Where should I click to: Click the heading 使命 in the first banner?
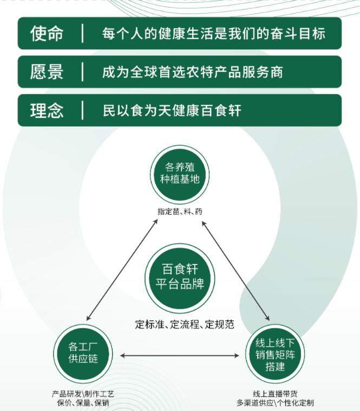pyautogui.click(x=47, y=34)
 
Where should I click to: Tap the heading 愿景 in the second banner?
pyautogui.click(x=47, y=72)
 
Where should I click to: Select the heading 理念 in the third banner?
pyautogui.click(x=47, y=110)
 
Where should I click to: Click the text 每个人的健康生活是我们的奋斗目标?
pyautogui.click(x=214, y=34)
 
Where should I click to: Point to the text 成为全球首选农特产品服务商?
pyautogui.click(x=193, y=72)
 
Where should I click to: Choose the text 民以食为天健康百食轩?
pyautogui.click(x=172, y=111)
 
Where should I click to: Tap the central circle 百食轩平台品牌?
pyautogui.click(x=180, y=277)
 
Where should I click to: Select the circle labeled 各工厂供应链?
pyautogui.click(x=83, y=352)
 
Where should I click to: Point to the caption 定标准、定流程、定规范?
pyautogui.click(x=185, y=325)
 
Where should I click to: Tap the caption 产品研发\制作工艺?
pyautogui.click(x=83, y=393)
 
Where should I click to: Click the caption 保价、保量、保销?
pyautogui.click(x=83, y=402)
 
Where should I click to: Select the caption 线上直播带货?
pyautogui.click(x=275, y=393)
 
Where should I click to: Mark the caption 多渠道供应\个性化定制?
pyautogui.click(x=275, y=402)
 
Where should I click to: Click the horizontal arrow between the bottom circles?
pyautogui.click(x=179, y=355)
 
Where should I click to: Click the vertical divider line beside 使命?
pyautogui.click(x=82, y=34)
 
